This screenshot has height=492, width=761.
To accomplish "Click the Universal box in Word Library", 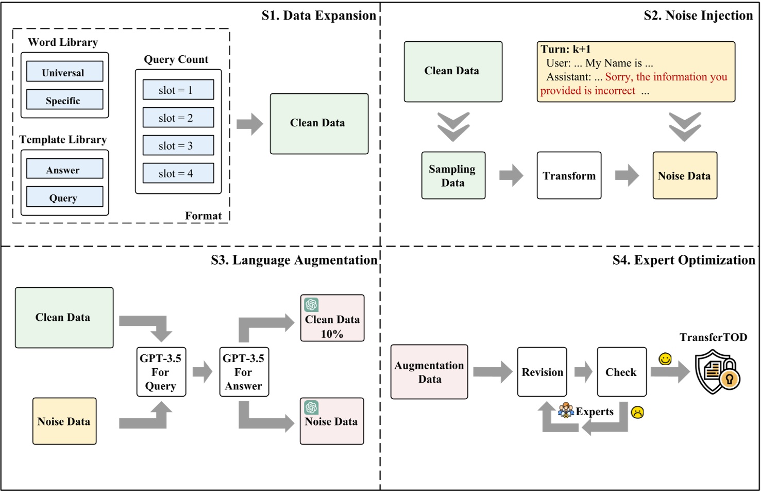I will click(64, 72).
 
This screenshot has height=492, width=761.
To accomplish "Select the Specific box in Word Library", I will click(64, 100).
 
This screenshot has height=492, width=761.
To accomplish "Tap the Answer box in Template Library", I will click(64, 169).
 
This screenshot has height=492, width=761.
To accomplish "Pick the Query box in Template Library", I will click(64, 197).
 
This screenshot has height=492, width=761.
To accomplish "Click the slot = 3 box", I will click(178, 145).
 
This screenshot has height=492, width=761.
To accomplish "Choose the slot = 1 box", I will click(178, 90).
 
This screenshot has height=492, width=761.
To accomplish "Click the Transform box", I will click(569, 175).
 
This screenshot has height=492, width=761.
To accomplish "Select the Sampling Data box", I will click(453, 175).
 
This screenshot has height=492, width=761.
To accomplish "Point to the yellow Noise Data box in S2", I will click(684, 175).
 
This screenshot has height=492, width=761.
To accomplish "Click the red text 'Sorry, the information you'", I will click(666, 77).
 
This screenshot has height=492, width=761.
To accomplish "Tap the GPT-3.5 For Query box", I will click(161, 372).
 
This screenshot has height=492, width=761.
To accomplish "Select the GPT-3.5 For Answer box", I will click(244, 372).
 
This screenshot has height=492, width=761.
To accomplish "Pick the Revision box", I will click(542, 372).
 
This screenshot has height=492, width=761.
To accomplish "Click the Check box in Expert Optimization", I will click(621, 372).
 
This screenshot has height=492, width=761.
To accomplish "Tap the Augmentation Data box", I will click(429, 372).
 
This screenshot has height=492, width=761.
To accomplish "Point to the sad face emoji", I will click(637, 412).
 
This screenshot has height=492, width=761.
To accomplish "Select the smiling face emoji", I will click(665, 358).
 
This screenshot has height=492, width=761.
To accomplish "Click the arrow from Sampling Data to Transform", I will click(511, 175).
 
